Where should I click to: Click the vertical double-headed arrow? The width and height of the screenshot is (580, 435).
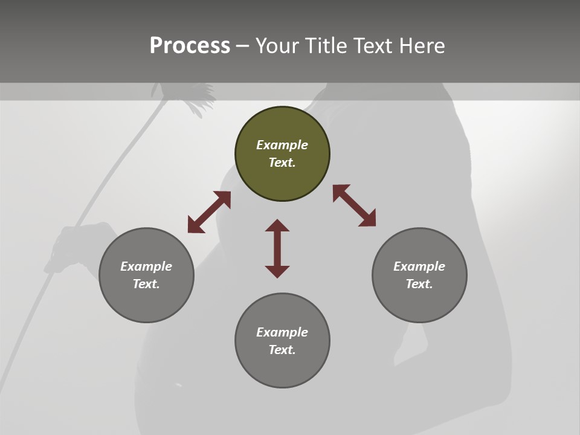click(x=277, y=249)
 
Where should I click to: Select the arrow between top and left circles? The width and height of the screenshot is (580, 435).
click(x=209, y=212)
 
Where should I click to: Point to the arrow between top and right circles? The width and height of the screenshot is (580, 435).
click(x=354, y=205)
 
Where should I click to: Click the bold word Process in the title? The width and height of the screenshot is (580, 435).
click(x=190, y=45)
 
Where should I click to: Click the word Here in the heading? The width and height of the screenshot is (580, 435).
click(x=422, y=46)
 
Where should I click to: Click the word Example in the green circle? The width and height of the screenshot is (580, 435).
click(x=282, y=145)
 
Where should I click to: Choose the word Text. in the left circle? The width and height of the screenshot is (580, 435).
click(x=146, y=284)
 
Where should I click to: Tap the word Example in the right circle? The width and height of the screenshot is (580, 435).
click(x=419, y=266)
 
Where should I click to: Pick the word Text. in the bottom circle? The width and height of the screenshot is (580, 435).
click(x=282, y=350)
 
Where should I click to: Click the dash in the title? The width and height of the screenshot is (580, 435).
click(x=242, y=46)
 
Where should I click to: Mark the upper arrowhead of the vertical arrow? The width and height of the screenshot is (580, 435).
click(x=277, y=225)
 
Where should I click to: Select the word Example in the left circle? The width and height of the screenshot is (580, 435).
click(x=146, y=266)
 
